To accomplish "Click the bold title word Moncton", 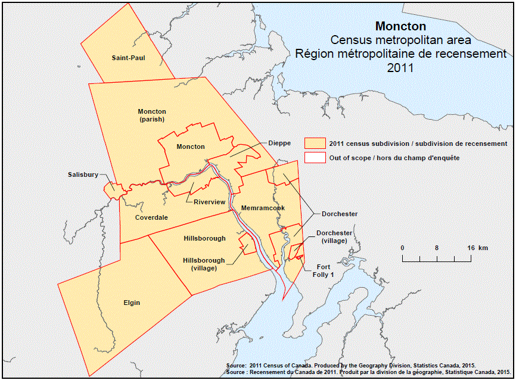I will coord(400,27).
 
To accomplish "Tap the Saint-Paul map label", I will coord(128,58).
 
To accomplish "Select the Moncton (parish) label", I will coord(152,115).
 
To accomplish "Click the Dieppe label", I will coord(279,143).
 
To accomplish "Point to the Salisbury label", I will coord(82,175).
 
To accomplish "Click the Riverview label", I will coord(210,202).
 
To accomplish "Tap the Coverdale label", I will coord(151,217).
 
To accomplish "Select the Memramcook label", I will coord(263,208).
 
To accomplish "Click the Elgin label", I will coord(132,303).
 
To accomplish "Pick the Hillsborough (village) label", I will coord(204,264).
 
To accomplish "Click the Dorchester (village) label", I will coord(334,236).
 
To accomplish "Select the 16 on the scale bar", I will coord(470,247).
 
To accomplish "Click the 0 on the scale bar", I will coord(402,247).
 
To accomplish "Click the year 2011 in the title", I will coord(400,68).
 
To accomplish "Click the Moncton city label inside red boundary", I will coord(191,147).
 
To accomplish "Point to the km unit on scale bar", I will coord(483,247).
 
